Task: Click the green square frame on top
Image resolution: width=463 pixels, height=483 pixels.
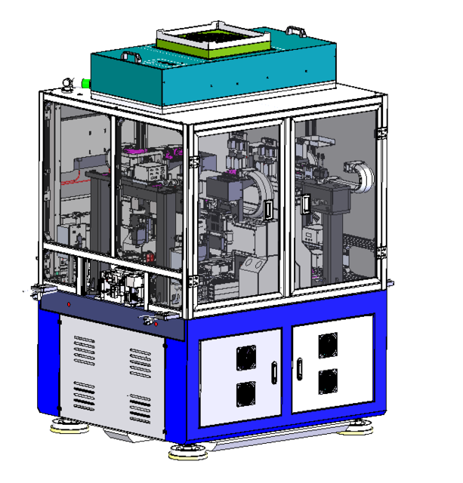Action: [212, 46]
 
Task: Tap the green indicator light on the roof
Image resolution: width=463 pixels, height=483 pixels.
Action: [85, 83]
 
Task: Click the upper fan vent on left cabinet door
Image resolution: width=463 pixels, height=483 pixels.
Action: [246, 355]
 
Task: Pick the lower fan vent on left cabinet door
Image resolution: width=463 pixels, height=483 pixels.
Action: [246, 393]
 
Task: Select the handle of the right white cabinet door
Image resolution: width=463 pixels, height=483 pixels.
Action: [299, 368]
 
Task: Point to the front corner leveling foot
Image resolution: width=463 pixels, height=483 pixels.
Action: [186, 453]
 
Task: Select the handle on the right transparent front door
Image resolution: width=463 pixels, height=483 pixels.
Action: [304, 204]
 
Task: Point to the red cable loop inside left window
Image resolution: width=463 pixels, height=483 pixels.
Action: [73, 182]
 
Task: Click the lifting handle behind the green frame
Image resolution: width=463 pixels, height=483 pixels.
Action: [295, 31]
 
